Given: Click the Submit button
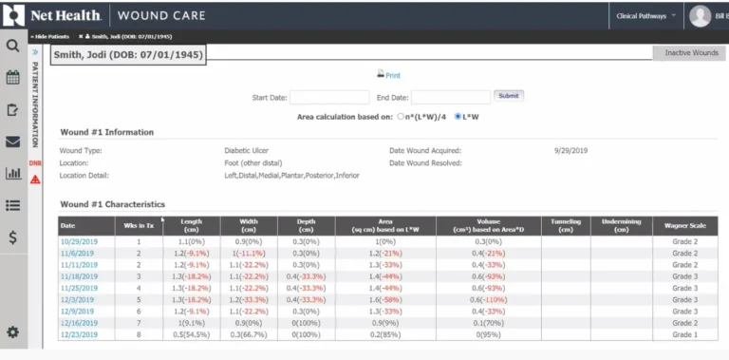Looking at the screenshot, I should point(509,96).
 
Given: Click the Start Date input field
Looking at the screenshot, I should point(328,97).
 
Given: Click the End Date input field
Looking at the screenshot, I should point(451,97).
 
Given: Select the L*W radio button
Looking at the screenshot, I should point(458,116).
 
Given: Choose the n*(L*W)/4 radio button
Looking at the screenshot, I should point(401,116).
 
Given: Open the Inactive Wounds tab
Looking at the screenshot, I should point(690,53).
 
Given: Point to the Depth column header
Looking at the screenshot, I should point(306,225).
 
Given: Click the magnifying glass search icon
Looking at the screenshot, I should point(13,45).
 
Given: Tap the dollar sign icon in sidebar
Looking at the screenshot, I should point(13,237).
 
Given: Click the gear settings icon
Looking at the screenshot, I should point(13,332).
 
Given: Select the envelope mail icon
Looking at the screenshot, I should point(13,142).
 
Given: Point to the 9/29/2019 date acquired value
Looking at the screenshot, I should point(571,150).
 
